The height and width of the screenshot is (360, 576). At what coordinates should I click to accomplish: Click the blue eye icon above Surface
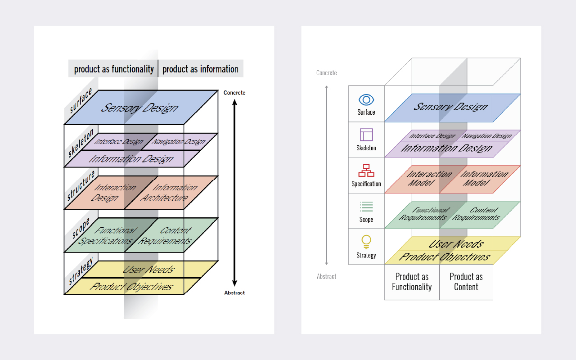(366, 100)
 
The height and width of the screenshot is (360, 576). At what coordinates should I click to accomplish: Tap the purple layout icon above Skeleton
(366, 135)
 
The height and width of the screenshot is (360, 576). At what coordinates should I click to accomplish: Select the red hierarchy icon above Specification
(366, 171)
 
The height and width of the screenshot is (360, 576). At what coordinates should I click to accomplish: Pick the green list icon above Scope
(366, 207)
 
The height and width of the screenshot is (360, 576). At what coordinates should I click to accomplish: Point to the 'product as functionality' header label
(114, 69)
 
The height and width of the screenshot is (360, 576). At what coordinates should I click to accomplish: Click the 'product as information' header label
(200, 69)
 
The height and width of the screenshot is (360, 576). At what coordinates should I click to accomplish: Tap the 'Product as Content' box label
(466, 282)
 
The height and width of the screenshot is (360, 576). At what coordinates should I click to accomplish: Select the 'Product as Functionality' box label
(412, 282)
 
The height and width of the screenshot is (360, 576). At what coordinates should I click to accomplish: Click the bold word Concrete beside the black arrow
(234, 93)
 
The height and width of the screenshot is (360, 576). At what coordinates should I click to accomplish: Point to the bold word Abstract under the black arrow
(234, 293)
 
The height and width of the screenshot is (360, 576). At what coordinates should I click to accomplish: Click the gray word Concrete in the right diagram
(326, 73)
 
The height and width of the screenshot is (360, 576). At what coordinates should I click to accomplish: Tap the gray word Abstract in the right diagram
(326, 276)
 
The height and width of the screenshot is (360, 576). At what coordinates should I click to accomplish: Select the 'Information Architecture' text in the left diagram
(169, 193)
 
